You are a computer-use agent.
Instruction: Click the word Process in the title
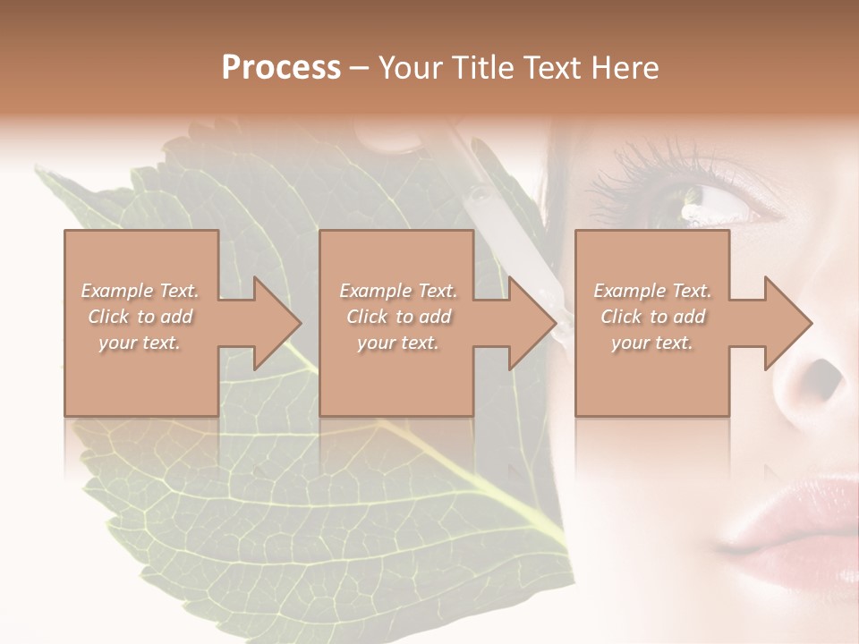(x=281, y=68)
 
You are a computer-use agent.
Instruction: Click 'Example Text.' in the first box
(x=140, y=291)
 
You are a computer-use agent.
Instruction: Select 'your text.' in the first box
(x=140, y=343)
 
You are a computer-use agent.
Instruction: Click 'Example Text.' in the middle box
(x=398, y=291)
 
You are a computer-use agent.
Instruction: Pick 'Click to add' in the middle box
(x=398, y=317)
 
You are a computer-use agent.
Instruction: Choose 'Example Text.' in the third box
(x=653, y=291)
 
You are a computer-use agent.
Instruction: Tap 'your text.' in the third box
(x=653, y=343)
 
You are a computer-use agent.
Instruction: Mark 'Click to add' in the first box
(x=140, y=317)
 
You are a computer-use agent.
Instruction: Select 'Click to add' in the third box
(x=653, y=317)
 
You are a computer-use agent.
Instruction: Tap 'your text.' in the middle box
(x=398, y=343)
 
